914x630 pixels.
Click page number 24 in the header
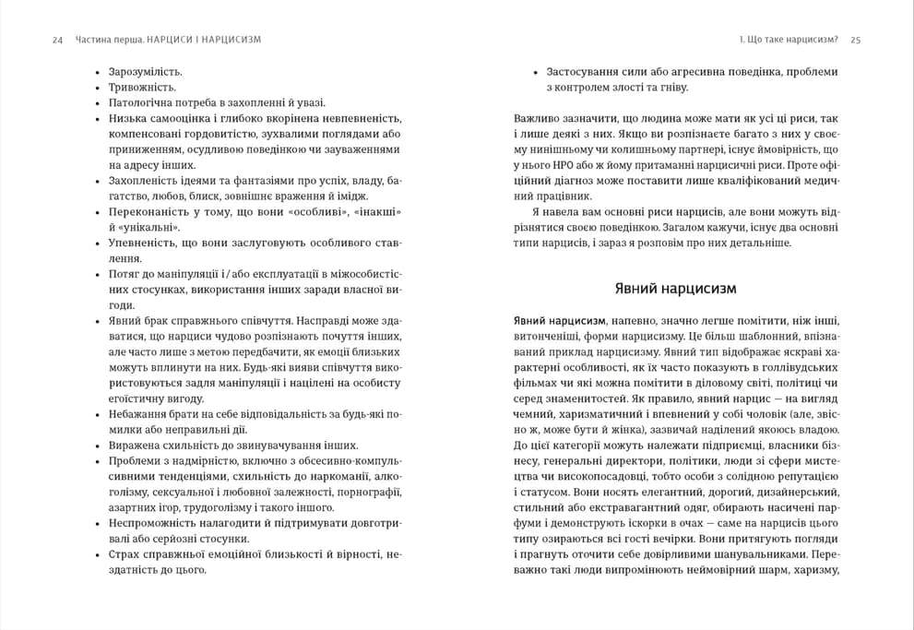tap(57, 40)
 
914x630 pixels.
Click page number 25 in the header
tap(855, 40)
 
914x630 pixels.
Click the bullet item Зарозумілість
tap(145, 71)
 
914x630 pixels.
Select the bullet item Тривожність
tap(142, 87)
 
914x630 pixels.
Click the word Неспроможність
tap(154, 524)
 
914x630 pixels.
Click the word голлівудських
tap(779, 367)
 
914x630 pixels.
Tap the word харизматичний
tap(588, 414)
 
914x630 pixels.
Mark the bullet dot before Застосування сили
tap(536, 71)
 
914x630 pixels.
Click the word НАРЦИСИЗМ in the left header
tap(231, 40)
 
